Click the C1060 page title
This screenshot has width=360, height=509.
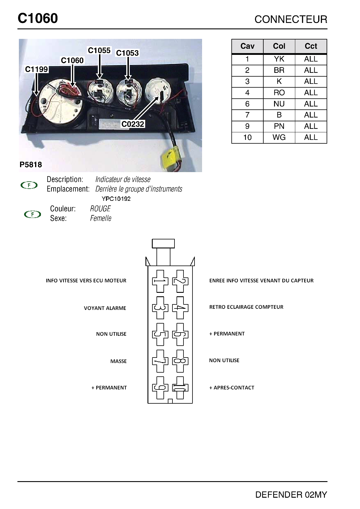pos(38,19)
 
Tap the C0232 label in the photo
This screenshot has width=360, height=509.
pos(133,124)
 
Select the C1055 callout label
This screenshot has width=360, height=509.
pos(99,50)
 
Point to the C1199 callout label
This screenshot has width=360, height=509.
pos(36,69)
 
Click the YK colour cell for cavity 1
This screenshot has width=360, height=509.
pos(279,59)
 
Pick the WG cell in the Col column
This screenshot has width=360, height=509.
pos(279,138)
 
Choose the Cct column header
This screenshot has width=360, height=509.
pos(311,46)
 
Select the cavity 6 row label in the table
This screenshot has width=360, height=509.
pos(247,104)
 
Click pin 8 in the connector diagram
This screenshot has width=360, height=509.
pos(180,361)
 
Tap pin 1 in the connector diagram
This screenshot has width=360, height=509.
pos(160,281)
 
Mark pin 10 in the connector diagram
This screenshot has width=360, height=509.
pos(180,388)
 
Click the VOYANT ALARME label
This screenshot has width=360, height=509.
pos(105,308)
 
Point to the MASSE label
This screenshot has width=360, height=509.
pos(118,361)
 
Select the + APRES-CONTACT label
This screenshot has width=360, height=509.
pos(232,388)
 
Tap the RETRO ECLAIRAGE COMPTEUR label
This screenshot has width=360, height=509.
pos(246,307)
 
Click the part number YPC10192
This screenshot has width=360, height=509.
pos(116,199)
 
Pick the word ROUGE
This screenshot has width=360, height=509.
pos(100,209)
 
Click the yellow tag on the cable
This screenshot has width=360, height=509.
pos(170,157)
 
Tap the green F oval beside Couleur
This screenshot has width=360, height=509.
pos(32,214)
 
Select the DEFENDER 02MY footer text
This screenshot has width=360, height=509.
pos(291,495)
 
